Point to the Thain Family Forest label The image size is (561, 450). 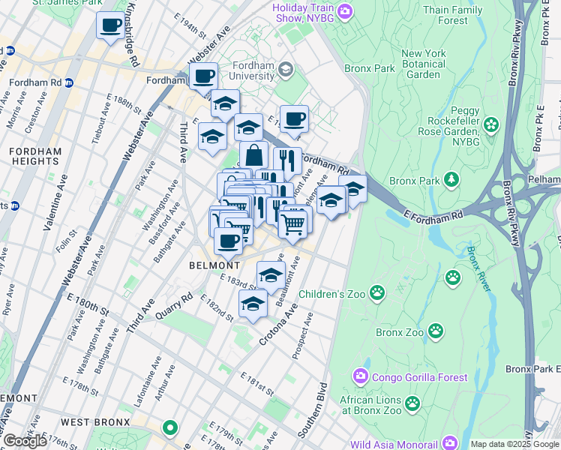[473, 15]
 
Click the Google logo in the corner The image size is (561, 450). [25, 441]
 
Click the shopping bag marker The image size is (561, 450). [254, 156]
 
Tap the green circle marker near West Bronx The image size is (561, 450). [170, 428]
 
